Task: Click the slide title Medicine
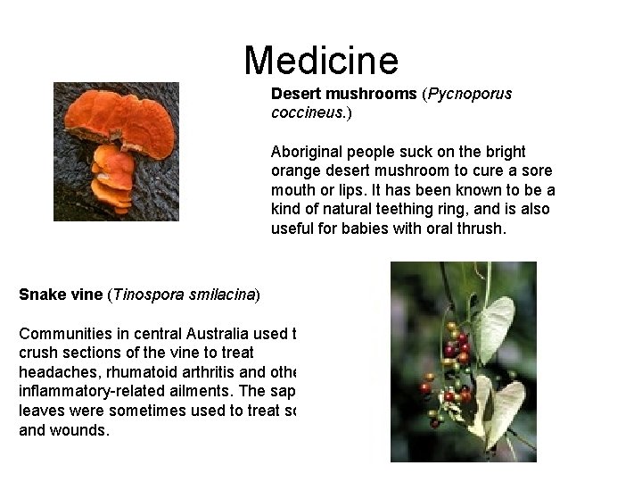(321, 61)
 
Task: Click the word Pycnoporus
(472, 94)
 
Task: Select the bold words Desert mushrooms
(344, 94)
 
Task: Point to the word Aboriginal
(308, 152)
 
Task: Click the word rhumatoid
(138, 373)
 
